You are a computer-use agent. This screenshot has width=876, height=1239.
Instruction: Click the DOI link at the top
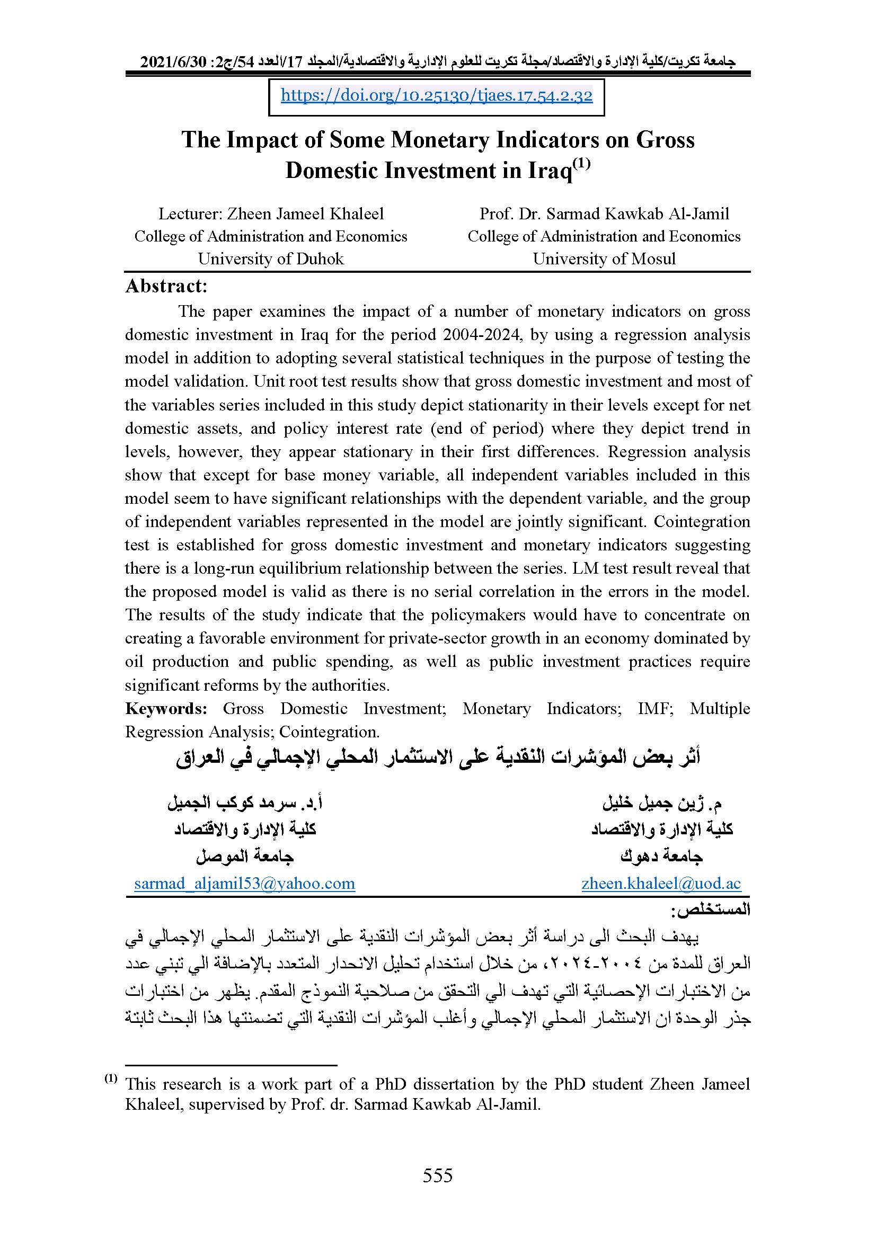pyautogui.click(x=436, y=96)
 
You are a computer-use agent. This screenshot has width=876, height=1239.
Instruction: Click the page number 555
pyautogui.click(x=437, y=1175)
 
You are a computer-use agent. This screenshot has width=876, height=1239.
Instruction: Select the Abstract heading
pyautogui.click(x=166, y=286)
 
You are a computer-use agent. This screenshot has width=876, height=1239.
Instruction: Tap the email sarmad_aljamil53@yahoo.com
pyautogui.click(x=244, y=884)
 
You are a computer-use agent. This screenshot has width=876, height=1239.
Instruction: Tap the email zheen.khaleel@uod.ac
pyautogui.click(x=661, y=884)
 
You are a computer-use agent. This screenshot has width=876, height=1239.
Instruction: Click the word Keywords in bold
pyautogui.click(x=166, y=709)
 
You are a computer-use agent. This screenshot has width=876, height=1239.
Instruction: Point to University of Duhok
pyautogui.click(x=270, y=259)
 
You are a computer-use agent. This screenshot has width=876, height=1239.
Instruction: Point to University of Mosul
pyautogui.click(x=604, y=259)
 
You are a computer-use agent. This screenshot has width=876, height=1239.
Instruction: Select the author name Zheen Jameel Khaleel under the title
pyautogui.click(x=305, y=213)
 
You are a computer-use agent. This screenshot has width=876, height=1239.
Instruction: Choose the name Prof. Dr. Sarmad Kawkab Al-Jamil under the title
pyautogui.click(x=604, y=213)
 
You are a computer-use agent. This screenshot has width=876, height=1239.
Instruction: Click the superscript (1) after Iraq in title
pyautogui.click(x=582, y=163)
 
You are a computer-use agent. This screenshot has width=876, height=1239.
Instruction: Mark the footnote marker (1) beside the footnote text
pyautogui.click(x=111, y=1078)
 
